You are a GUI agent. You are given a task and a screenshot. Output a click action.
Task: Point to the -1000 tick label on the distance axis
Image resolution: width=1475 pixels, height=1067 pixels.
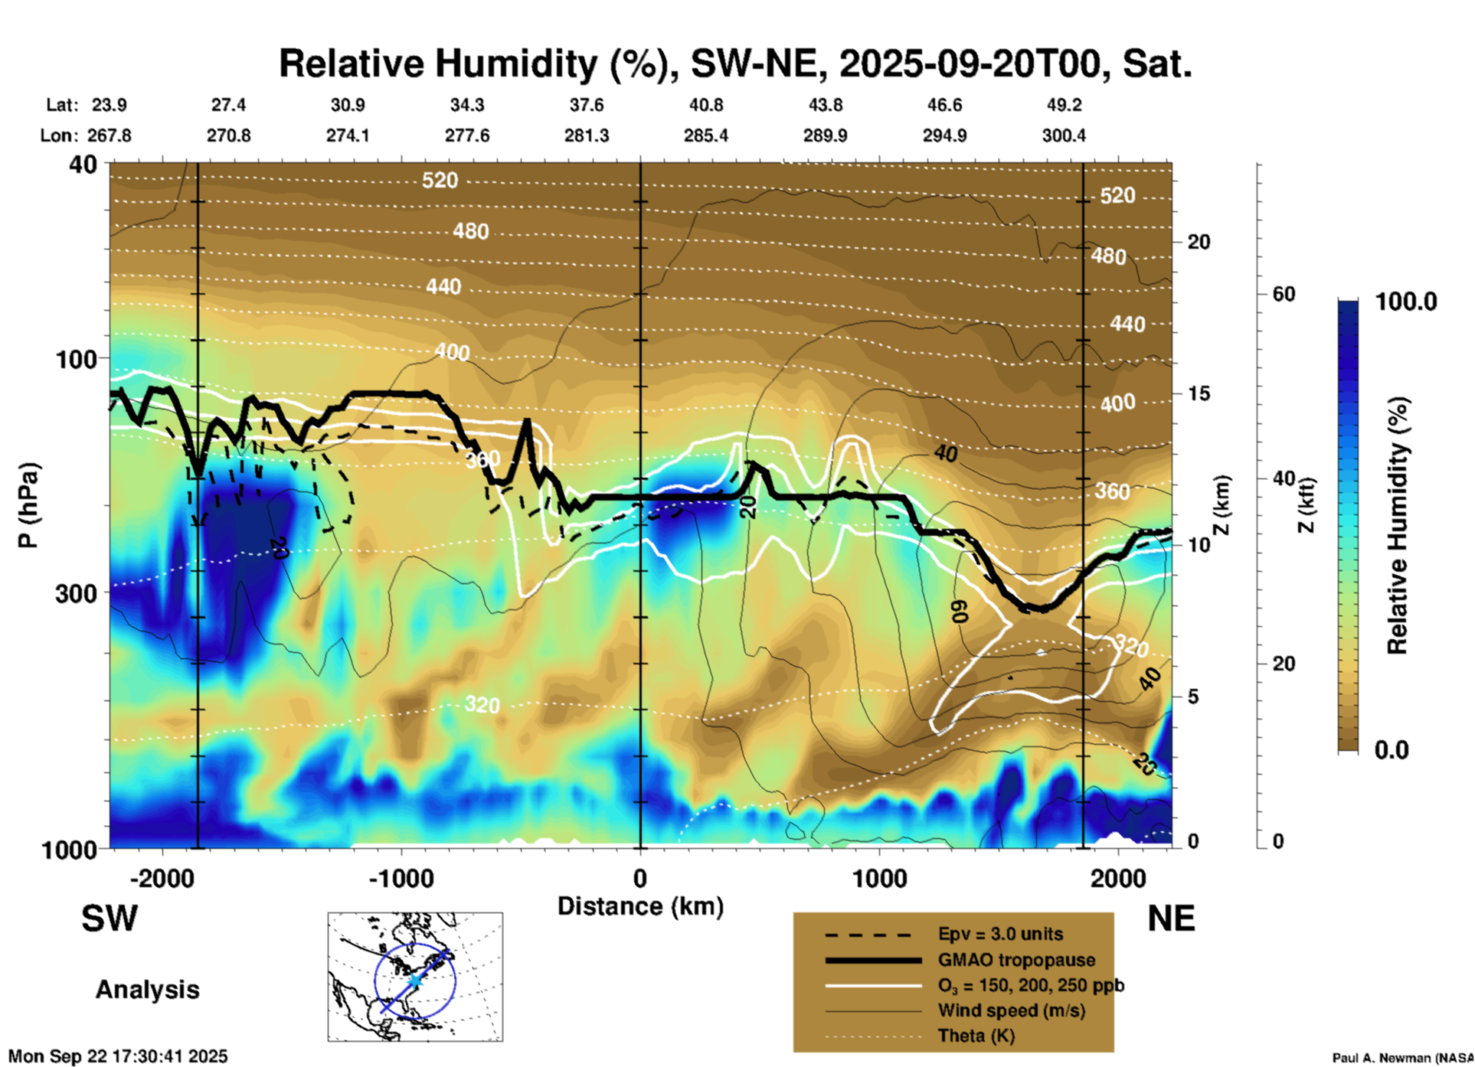401,878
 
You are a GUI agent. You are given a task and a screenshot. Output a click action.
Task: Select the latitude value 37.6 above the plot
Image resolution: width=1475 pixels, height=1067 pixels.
586,105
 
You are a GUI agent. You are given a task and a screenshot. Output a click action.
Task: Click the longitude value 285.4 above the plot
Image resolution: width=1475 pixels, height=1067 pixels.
705,135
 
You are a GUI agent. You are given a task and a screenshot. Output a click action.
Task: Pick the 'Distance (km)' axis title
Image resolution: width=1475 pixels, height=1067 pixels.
640,906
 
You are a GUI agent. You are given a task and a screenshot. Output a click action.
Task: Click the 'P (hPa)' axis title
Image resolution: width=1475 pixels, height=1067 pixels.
28,505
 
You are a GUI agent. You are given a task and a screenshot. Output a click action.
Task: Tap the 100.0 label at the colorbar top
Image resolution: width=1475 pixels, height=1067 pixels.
1406,301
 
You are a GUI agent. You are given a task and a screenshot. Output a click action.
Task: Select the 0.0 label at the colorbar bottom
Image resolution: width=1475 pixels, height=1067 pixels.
1392,749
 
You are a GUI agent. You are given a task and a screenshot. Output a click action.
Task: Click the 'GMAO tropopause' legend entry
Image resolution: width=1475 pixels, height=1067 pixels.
1016,960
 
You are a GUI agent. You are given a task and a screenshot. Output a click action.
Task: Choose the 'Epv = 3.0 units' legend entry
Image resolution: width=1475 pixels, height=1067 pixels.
1000,935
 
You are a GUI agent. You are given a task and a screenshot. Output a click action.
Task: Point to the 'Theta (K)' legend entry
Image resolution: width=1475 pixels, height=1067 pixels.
976,1036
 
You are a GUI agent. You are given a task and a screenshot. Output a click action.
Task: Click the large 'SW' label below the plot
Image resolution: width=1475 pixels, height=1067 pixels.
110,919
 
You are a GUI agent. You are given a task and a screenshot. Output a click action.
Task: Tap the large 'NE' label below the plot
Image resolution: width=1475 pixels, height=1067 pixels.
1171,919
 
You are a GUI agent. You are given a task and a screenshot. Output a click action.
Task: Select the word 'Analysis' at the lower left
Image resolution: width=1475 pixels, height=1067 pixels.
147,990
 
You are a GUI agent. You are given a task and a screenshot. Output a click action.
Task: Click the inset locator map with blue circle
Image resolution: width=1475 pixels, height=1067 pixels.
415,977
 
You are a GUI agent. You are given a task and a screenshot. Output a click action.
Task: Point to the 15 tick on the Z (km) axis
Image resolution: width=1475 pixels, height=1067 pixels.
1198,393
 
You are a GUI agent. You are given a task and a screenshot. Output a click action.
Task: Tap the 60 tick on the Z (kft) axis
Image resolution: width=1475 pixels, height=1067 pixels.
1284,294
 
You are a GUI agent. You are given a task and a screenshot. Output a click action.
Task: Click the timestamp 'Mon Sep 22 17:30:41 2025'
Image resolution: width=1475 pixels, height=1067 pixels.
118,1056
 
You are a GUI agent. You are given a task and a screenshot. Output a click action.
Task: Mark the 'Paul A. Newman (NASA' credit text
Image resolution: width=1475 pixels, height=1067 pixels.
1402,1058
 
